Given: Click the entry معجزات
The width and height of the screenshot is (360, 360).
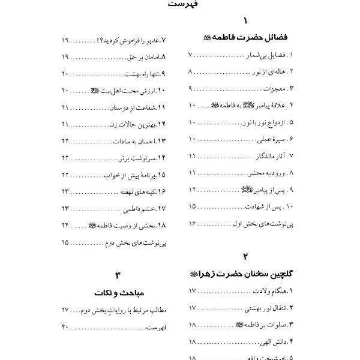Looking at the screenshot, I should pos(274,89).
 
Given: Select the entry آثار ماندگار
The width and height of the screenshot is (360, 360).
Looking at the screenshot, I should pos(269,156).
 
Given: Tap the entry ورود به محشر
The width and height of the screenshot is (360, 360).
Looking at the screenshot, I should pos(268,173).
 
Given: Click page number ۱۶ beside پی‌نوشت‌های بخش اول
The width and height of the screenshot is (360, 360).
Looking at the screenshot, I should pos(193,223).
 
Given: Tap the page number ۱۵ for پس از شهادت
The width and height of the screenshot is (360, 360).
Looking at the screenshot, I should pos(193,206).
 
